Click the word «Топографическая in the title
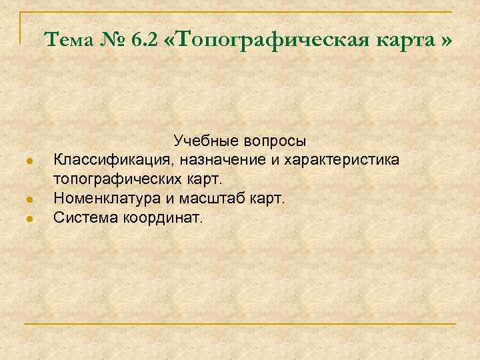[x=274, y=41]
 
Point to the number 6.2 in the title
[x=145, y=41]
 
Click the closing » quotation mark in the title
[x=445, y=41]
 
